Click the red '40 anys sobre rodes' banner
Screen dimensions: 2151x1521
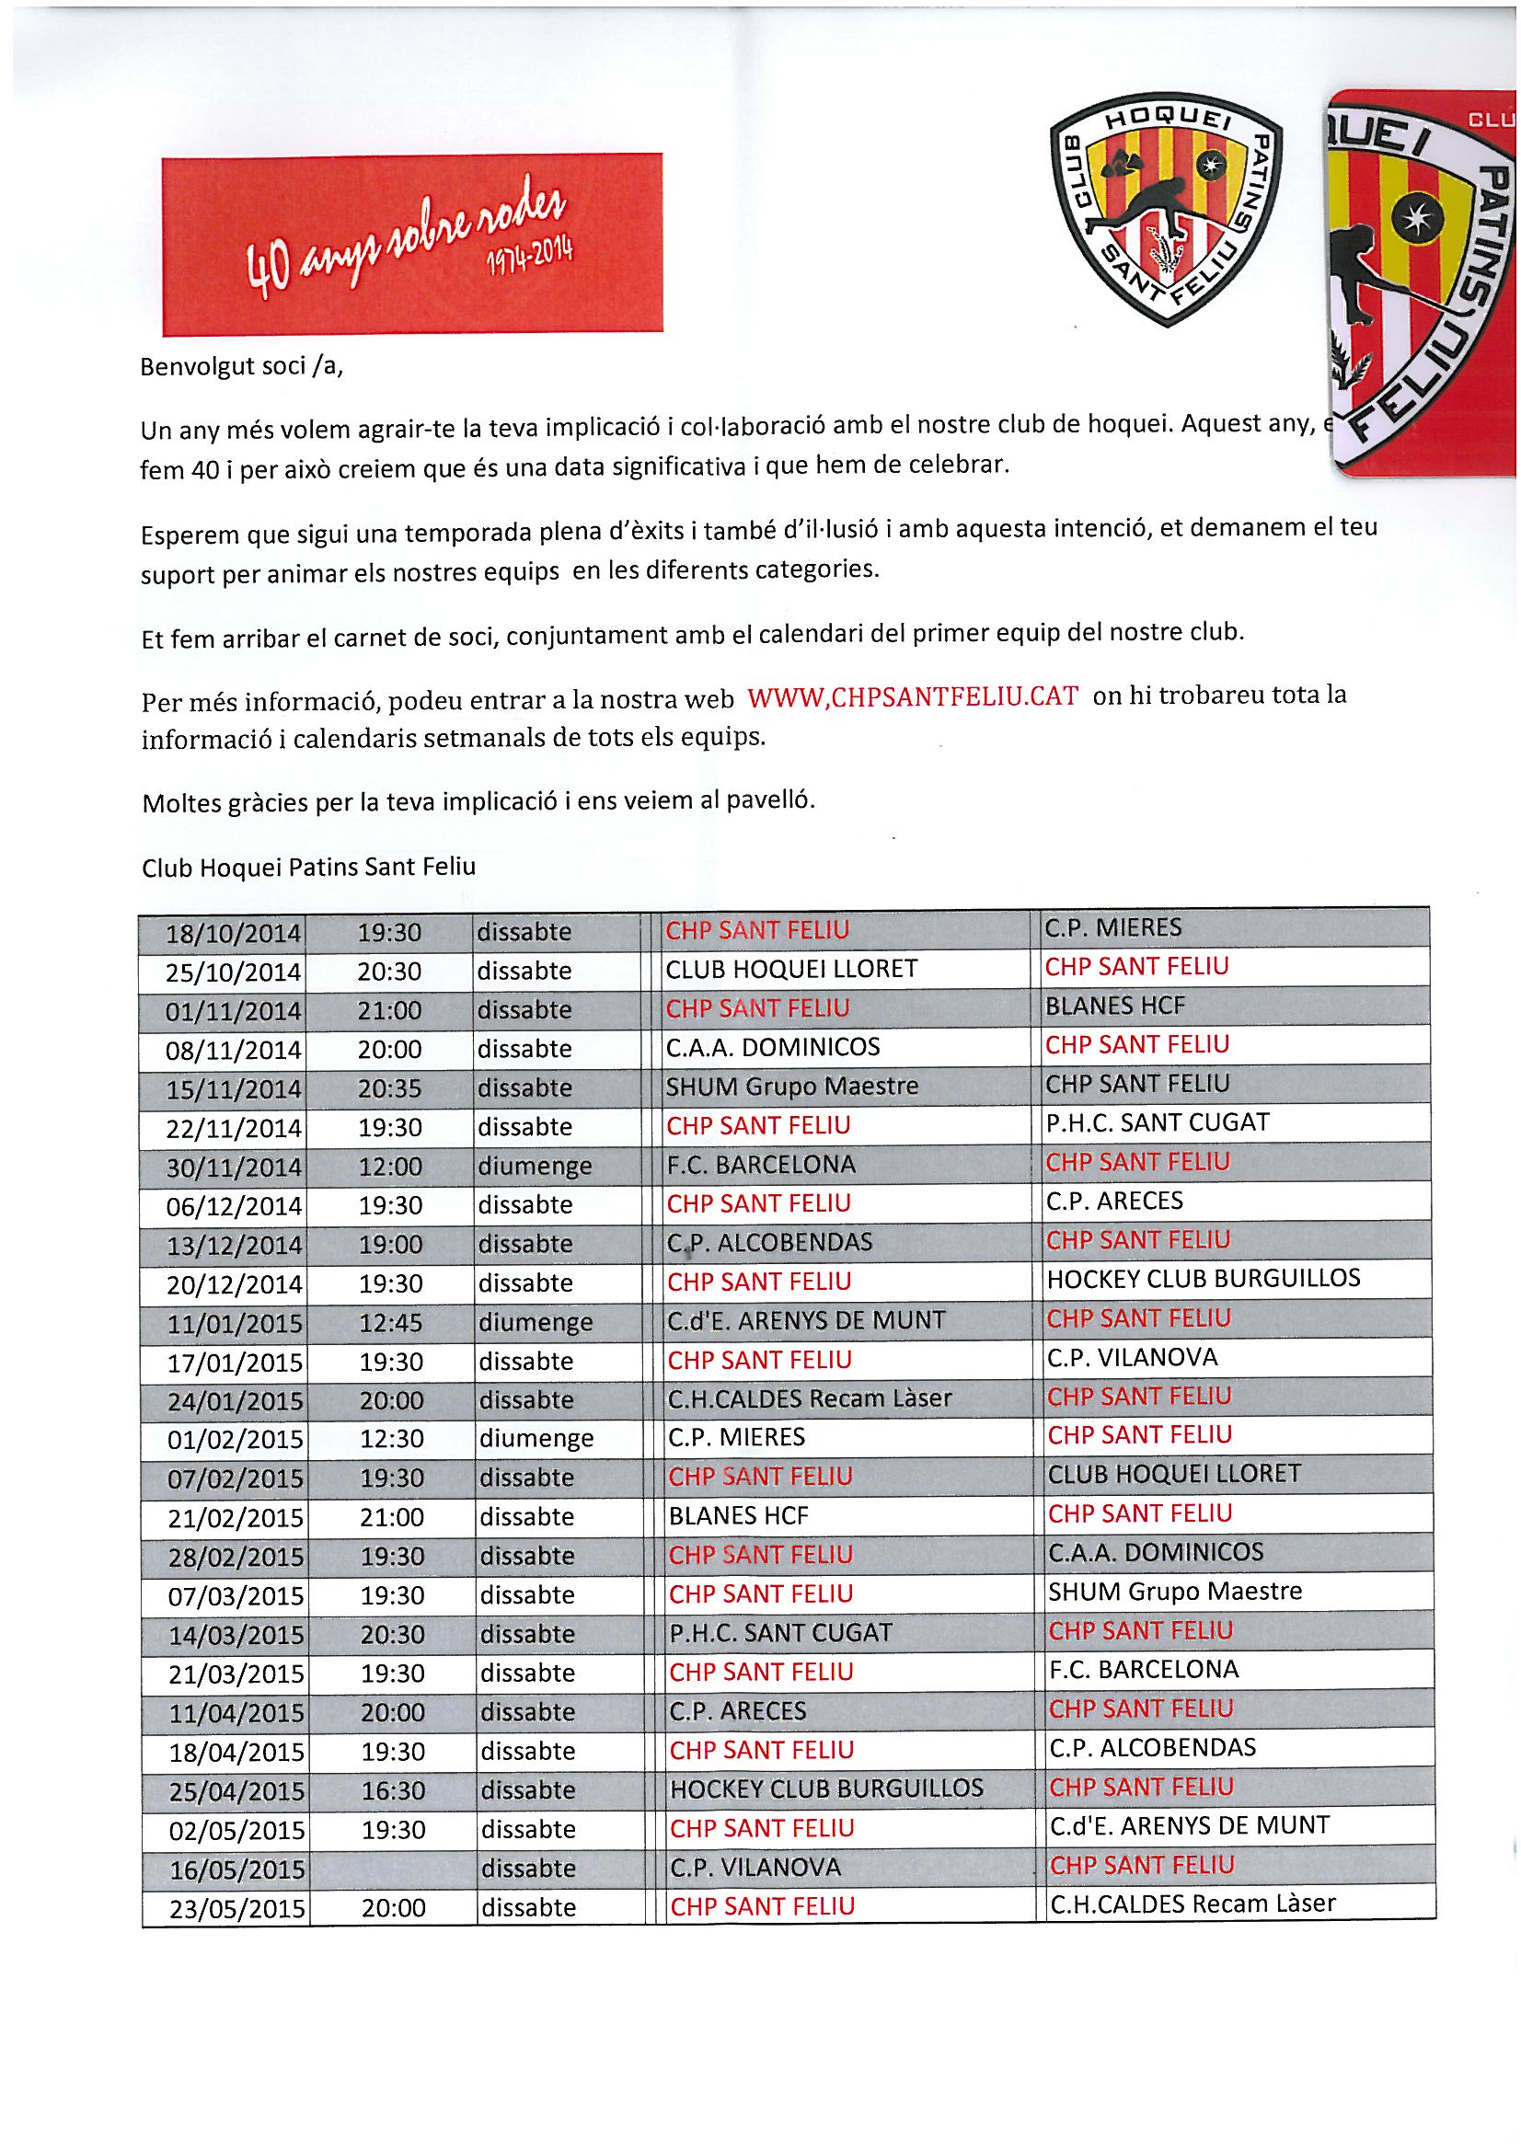coord(411,244)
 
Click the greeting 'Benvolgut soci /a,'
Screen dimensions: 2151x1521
coord(242,365)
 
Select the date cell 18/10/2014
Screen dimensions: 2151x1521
coord(233,934)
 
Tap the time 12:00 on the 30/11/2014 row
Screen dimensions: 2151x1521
coord(390,1168)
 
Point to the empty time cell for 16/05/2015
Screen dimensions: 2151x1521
coord(392,1869)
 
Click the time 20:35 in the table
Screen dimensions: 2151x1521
coord(389,1088)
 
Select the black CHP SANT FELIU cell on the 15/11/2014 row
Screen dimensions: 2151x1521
coord(1136,1084)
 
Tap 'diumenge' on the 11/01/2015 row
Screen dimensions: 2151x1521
coord(536,1322)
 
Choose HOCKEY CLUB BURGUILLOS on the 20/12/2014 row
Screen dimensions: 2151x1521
coord(1203,1279)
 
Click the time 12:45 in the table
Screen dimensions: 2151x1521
coord(391,1323)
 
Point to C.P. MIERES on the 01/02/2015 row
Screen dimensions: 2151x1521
coord(736,1437)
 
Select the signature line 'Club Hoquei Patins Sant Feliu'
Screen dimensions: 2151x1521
coord(308,868)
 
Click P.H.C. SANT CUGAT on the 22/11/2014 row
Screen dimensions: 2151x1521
coord(1158,1122)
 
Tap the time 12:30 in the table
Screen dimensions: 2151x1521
coord(392,1439)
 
